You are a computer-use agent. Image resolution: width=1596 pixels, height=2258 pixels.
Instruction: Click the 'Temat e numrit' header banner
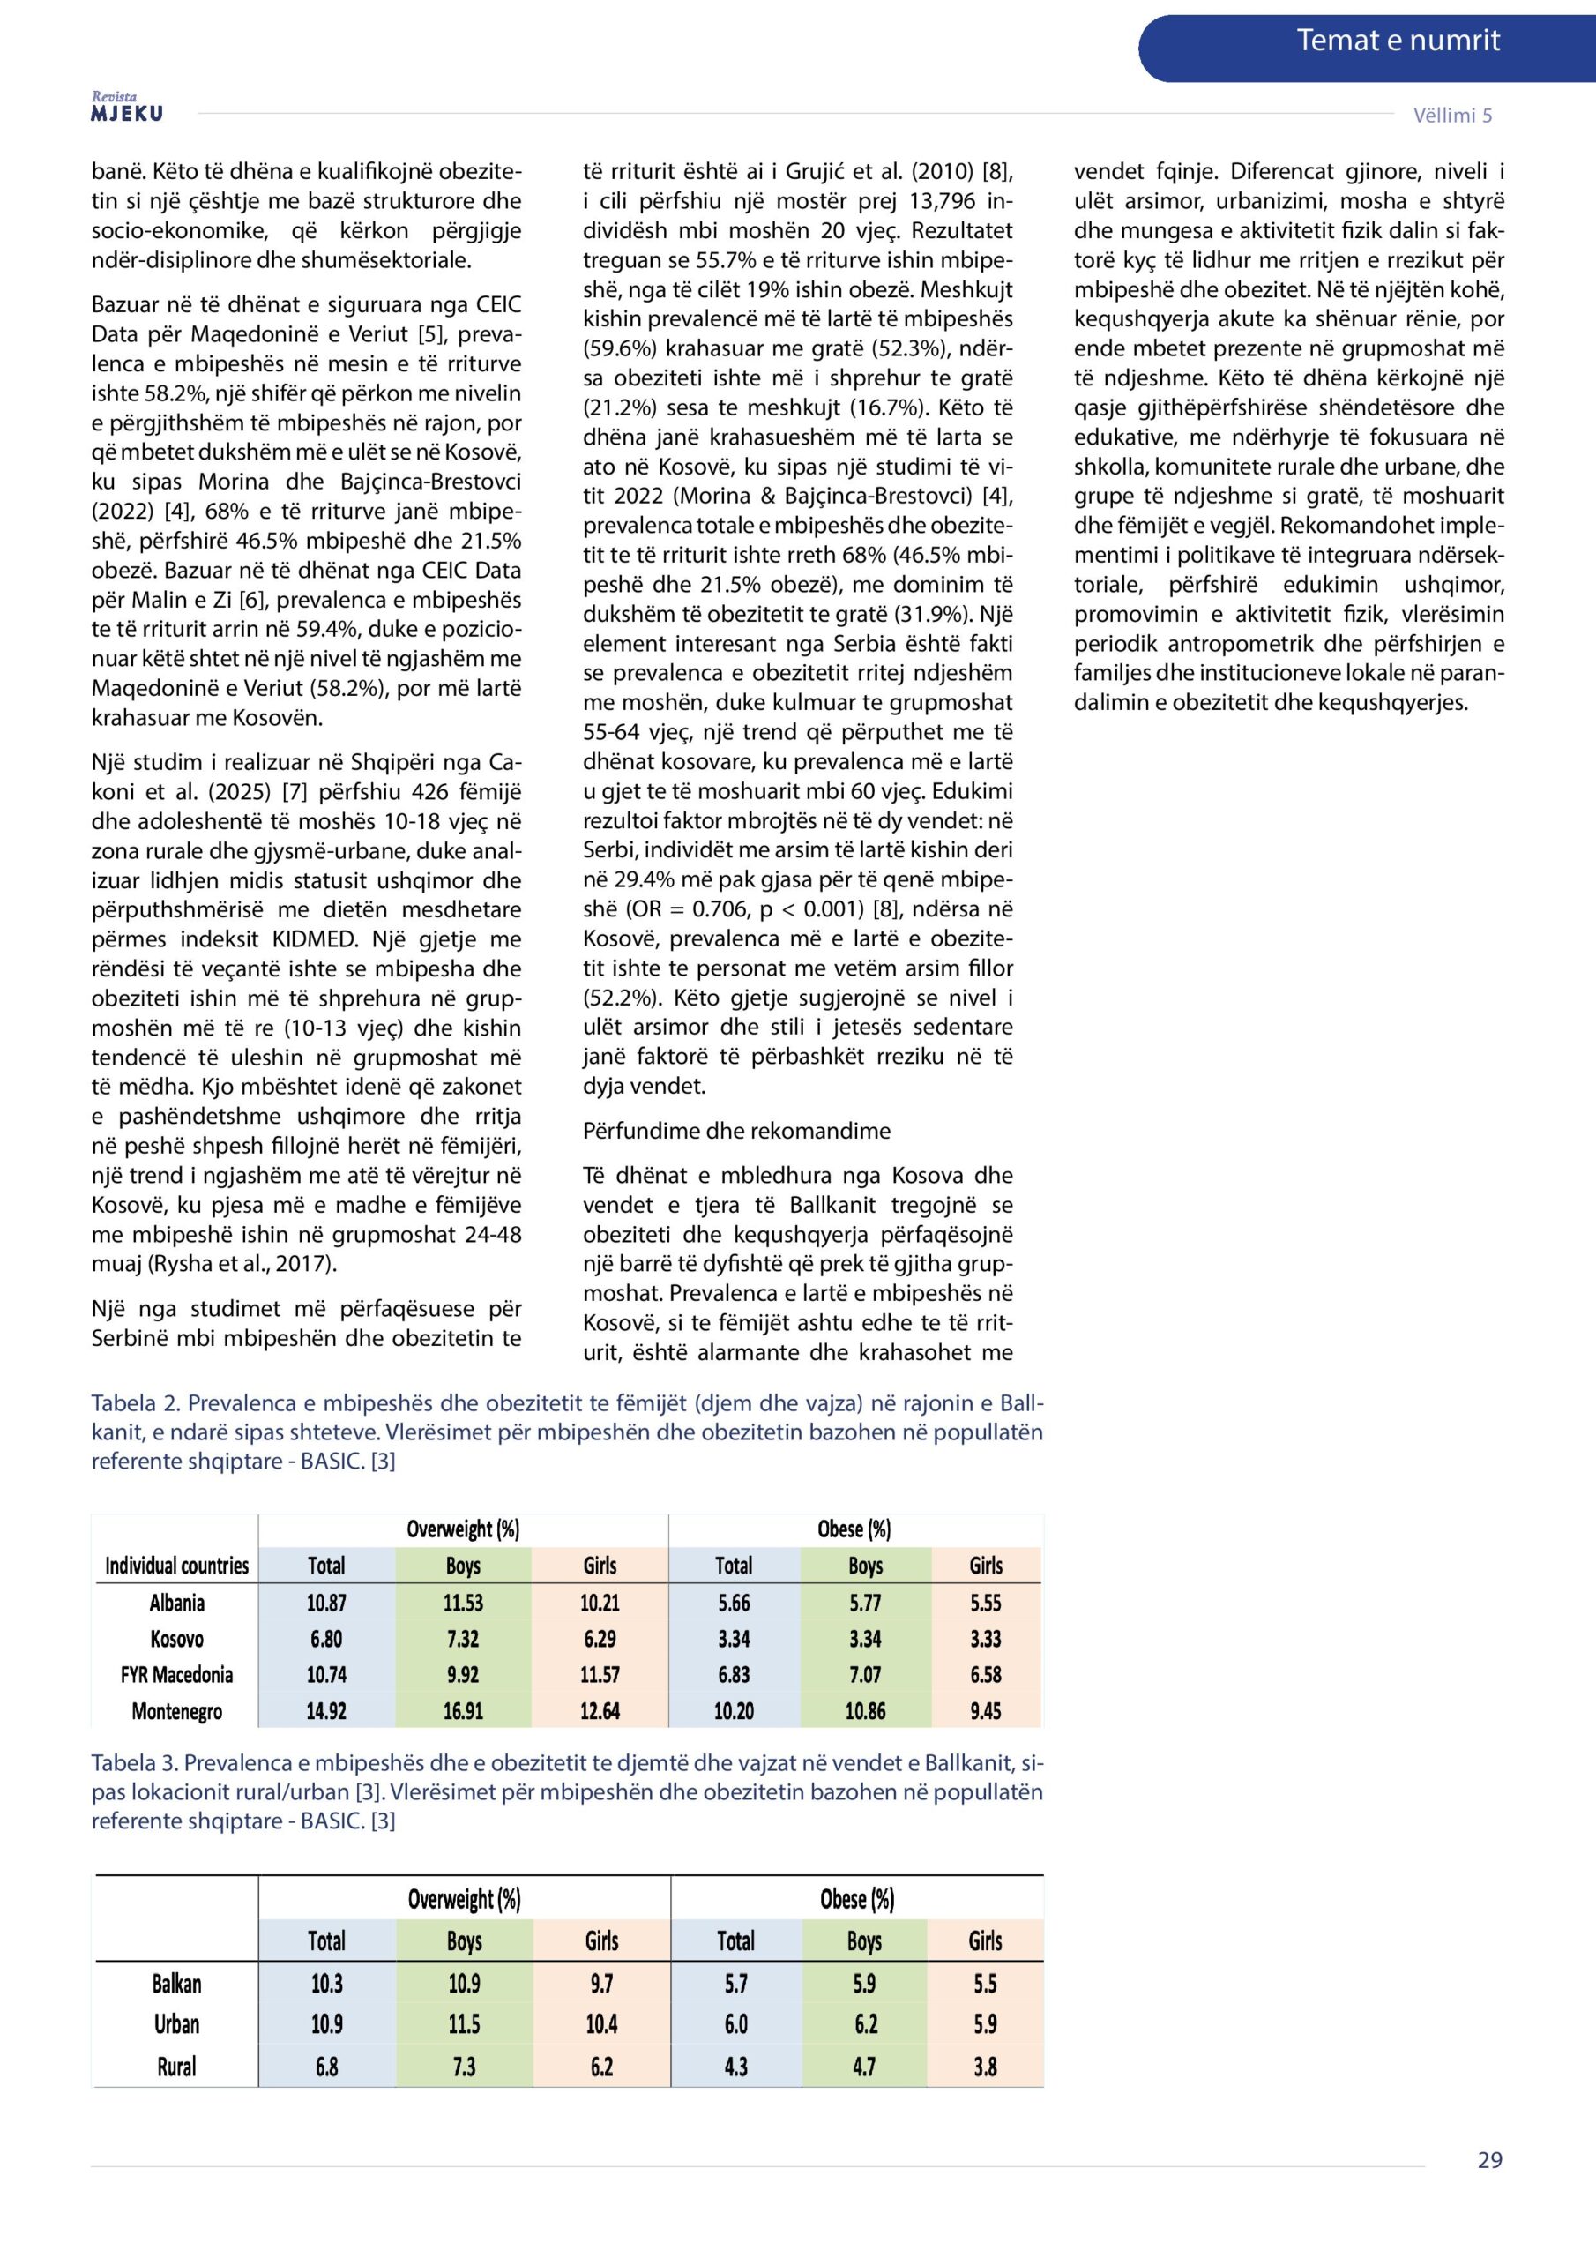click(x=1397, y=41)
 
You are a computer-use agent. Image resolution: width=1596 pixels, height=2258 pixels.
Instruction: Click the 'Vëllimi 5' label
click(x=1452, y=115)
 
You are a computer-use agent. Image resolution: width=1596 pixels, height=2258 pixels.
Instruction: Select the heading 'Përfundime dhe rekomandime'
click(x=736, y=1131)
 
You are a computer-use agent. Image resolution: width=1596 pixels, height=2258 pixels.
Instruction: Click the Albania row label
click(x=177, y=1603)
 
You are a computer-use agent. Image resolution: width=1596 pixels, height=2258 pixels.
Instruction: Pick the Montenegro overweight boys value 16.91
click(x=463, y=1711)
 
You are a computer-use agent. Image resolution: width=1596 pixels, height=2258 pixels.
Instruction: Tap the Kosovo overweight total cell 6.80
click(x=326, y=1640)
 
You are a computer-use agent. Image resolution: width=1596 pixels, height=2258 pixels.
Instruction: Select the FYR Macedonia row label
click(x=177, y=1675)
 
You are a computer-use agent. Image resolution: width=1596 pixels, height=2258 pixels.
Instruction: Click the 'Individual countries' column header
click(x=177, y=1566)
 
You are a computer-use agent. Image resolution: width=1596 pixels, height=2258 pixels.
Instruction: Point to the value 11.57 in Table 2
click(x=600, y=1675)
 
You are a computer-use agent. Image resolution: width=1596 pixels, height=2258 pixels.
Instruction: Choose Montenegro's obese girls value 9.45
click(x=985, y=1711)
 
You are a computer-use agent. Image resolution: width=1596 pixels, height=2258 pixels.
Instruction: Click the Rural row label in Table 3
click(x=177, y=2067)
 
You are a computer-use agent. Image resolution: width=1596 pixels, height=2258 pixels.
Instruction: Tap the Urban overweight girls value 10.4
click(x=602, y=2024)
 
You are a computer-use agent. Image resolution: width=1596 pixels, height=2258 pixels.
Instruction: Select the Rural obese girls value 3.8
click(x=985, y=2067)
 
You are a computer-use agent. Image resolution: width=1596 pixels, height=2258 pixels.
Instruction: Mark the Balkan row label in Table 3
click(x=177, y=1984)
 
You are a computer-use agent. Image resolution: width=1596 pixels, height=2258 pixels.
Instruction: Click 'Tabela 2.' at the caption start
click(x=133, y=1402)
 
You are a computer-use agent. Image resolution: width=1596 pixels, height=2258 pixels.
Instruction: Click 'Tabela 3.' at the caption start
click(x=133, y=1762)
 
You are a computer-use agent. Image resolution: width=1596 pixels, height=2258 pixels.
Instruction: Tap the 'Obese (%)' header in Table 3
click(x=856, y=1899)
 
